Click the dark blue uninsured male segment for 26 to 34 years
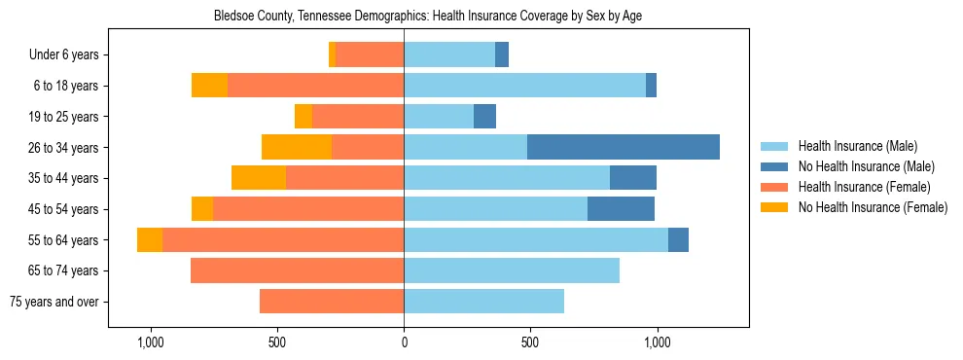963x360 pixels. click(624, 147)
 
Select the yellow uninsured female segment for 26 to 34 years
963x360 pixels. click(297, 147)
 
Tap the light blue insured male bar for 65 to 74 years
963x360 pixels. click(512, 270)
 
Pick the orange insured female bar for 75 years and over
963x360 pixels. click(332, 302)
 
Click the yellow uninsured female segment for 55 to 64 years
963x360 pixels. click(150, 239)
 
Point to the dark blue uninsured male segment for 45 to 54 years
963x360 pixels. click(621, 209)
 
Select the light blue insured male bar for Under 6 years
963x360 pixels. click(449, 54)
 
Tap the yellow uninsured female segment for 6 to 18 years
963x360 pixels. click(209, 86)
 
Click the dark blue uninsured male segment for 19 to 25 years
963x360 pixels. click(484, 117)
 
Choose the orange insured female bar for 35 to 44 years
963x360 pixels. click(344, 178)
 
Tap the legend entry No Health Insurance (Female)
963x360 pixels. click(873, 207)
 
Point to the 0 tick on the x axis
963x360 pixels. click(404, 342)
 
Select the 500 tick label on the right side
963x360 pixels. click(530, 342)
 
